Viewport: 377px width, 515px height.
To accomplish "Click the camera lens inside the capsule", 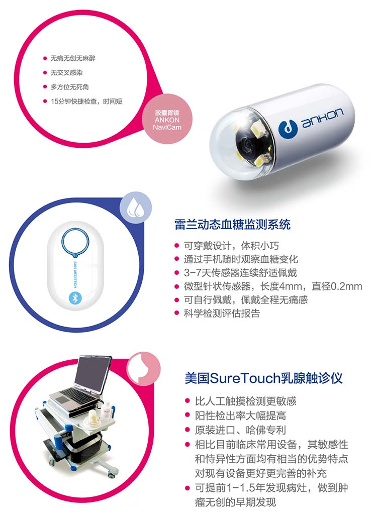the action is [x=248, y=143].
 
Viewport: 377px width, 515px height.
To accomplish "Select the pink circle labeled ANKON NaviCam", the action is [x=167, y=119].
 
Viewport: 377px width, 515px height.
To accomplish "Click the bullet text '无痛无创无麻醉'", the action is [x=73, y=58].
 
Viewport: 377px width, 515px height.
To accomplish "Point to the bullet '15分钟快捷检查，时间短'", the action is [x=86, y=101].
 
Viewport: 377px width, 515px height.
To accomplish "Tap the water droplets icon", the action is [x=135, y=208].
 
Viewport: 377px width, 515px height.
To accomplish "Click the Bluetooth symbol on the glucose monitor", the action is [x=74, y=297].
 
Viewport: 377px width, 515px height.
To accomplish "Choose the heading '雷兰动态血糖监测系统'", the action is [x=232, y=225].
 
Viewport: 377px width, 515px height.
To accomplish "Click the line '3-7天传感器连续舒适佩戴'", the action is [x=240, y=273].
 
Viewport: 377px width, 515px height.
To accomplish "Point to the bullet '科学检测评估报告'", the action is [x=222, y=314].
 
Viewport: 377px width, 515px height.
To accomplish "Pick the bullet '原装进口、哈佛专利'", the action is [x=240, y=430].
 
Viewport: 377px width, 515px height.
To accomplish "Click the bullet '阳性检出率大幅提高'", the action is [x=240, y=416].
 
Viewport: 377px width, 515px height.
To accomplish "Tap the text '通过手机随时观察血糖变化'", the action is [x=241, y=259].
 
